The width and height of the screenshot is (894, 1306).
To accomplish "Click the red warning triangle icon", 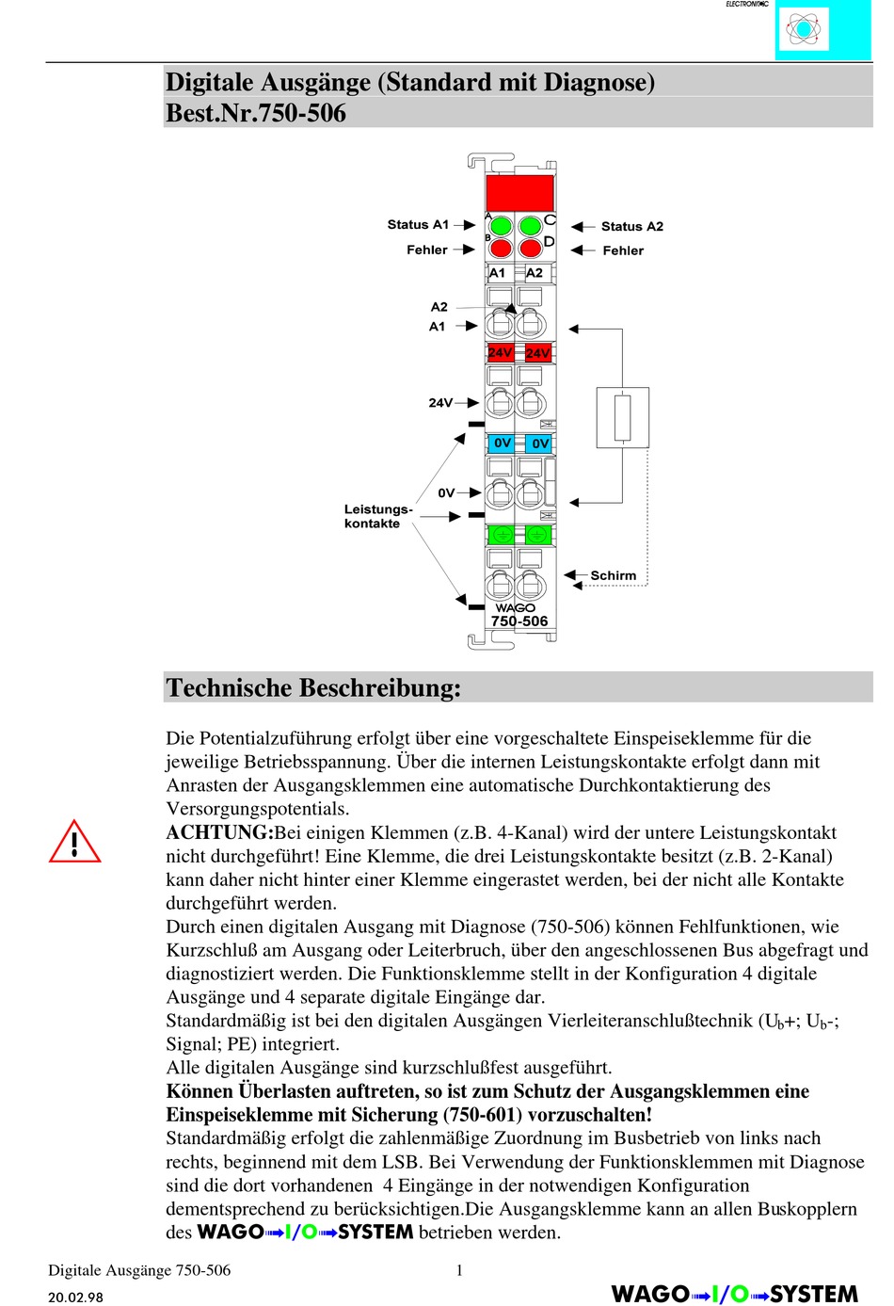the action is (x=74, y=842).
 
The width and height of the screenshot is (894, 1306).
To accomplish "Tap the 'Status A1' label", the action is (x=418, y=224).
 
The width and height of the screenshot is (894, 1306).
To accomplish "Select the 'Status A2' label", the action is (x=632, y=226).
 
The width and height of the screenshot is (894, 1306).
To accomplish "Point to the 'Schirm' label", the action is (x=613, y=575).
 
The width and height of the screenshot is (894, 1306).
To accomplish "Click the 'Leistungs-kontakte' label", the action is (x=378, y=516).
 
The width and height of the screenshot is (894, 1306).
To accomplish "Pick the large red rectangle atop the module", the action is (x=519, y=193).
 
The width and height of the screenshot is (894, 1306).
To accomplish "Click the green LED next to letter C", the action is (x=531, y=226).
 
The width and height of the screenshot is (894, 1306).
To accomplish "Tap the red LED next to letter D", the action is (x=531, y=249).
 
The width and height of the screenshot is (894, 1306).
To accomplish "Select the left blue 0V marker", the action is (x=502, y=443).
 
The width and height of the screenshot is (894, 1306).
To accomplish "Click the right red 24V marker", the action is (x=537, y=353).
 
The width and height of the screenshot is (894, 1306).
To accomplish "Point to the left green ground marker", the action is (x=502, y=534).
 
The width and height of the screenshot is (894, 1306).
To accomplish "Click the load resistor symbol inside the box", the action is (x=622, y=417).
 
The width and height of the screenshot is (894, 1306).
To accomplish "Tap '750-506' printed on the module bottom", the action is (x=519, y=621).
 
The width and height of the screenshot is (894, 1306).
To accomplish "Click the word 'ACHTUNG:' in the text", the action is (x=219, y=832).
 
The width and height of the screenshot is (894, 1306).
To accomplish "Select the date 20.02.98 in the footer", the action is (x=76, y=1298).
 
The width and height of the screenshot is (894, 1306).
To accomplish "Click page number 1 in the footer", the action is (x=459, y=1270).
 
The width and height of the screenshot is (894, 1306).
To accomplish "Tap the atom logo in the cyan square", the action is (x=803, y=28).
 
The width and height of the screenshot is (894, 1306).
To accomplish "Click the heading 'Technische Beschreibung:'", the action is (x=313, y=687).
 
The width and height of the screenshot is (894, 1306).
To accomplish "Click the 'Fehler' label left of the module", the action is (x=427, y=250).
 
